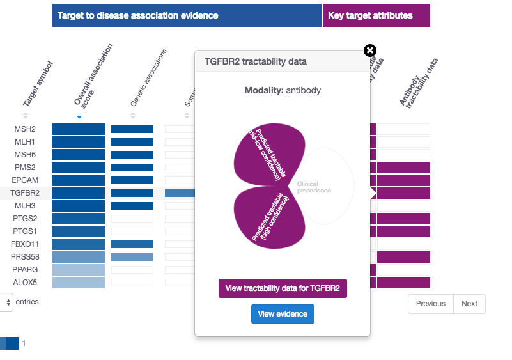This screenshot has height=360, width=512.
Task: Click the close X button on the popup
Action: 370,51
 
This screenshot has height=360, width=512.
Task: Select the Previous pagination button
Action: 430,304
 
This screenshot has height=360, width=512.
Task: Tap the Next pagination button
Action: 469,304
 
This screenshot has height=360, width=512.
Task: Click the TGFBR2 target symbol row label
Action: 26,193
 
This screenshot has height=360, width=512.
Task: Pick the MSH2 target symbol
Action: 26,129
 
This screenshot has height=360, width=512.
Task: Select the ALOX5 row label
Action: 26,283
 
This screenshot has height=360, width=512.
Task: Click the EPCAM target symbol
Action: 26,180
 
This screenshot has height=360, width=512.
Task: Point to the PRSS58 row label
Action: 26,257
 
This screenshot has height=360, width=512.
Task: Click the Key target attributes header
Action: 376,15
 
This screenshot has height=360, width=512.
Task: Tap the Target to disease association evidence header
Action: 187,15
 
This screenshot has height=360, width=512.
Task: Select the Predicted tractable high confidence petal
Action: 265,221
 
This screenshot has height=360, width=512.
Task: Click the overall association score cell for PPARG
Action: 78,270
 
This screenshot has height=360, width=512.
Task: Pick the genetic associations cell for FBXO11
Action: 132,244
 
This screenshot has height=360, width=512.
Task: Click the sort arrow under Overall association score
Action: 79,117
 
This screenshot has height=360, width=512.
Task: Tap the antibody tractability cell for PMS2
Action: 403,168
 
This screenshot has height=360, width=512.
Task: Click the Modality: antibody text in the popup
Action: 283,90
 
